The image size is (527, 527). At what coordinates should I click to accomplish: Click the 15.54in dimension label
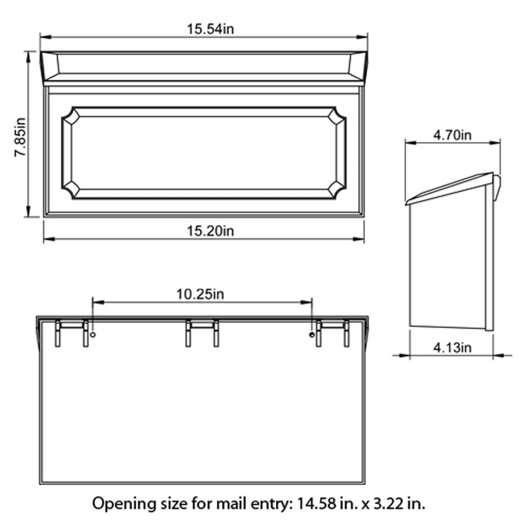coord(210,28)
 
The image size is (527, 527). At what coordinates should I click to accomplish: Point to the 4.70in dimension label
coord(452,135)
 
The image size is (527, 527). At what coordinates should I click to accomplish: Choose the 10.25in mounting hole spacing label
coord(200,294)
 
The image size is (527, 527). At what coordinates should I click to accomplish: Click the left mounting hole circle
coord(93,335)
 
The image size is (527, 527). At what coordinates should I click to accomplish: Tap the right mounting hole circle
coord(311,335)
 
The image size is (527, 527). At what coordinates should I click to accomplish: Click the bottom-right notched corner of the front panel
coord(338,191)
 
